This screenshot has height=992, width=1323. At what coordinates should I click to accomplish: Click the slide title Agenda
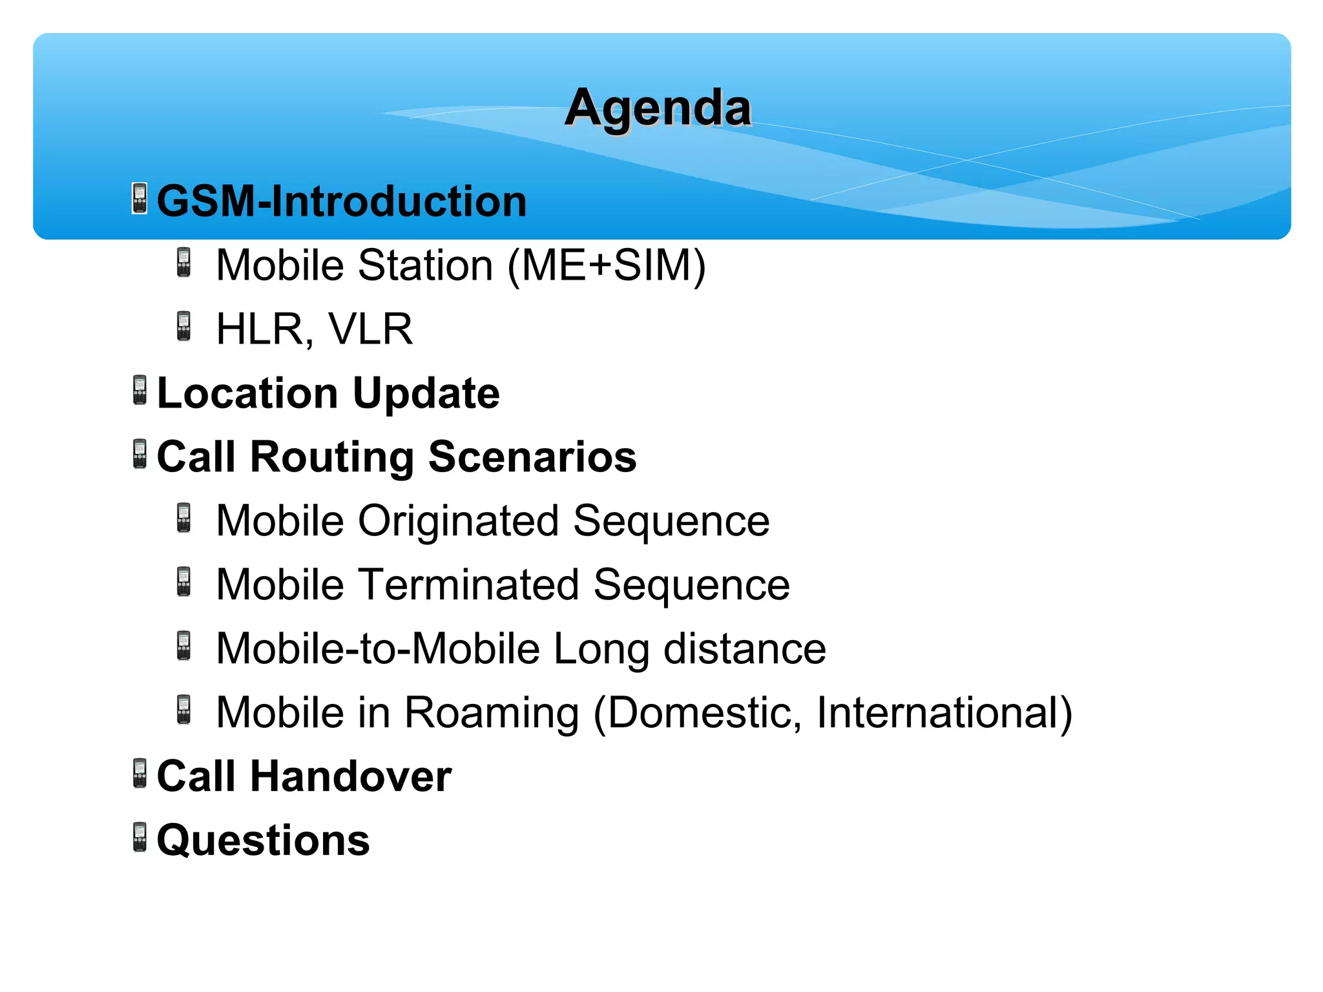(658, 108)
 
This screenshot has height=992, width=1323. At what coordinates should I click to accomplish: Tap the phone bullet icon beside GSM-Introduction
(140, 198)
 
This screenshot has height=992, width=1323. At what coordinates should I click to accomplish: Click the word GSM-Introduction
(342, 201)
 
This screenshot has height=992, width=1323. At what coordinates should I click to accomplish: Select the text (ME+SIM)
(607, 265)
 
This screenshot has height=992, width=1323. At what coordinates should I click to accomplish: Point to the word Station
(426, 265)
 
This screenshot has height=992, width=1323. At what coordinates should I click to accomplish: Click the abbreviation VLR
(370, 329)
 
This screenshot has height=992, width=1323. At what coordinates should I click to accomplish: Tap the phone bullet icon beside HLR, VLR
(184, 326)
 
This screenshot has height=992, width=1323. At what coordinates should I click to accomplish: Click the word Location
(247, 393)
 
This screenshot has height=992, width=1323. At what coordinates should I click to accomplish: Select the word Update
(426, 393)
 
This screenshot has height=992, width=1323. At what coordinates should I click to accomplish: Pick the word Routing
(332, 457)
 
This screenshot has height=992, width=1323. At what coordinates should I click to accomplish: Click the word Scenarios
(532, 457)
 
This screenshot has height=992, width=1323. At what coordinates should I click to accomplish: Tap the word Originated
(459, 521)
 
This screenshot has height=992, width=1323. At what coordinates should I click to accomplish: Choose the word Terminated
(468, 584)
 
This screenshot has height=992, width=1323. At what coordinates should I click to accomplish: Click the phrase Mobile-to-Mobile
(378, 648)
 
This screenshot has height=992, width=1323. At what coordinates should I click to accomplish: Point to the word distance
(745, 648)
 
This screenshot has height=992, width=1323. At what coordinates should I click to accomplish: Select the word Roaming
(492, 712)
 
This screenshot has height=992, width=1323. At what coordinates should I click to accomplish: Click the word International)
(944, 712)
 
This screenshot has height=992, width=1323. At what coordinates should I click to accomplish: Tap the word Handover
(351, 776)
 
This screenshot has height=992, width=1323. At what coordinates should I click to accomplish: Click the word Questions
(264, 840)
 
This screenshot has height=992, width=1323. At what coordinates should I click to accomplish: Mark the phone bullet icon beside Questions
(140, 838)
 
